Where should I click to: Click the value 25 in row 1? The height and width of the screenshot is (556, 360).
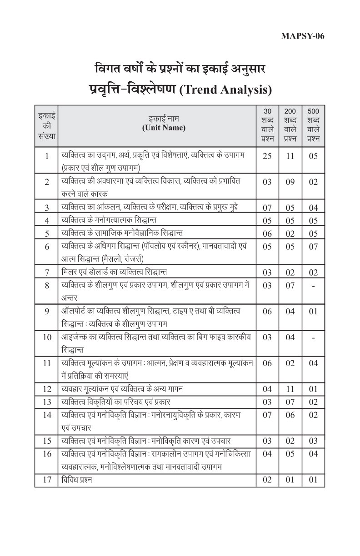click(x=267, y=156)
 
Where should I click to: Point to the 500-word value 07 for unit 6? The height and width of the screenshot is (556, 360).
click(x=313, y=247)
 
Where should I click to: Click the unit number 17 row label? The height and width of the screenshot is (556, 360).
click(x=47, y=480)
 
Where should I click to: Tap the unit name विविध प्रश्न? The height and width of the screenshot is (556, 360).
click(x=77, y=480)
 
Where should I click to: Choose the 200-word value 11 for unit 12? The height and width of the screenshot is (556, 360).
click(x=290, y=389)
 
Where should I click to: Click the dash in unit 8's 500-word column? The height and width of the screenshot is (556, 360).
click(x=313, y=286)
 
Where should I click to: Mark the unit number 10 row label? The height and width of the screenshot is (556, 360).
click(x=47, y=338)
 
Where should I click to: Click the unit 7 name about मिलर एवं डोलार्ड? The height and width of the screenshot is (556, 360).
click(x=114, y=272)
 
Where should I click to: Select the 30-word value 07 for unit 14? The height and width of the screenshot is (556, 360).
click(x=267, y=415)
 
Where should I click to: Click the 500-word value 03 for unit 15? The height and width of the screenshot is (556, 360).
click(x=313, y=441)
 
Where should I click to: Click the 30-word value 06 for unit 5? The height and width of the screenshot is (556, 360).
click(x=267, y=233)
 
